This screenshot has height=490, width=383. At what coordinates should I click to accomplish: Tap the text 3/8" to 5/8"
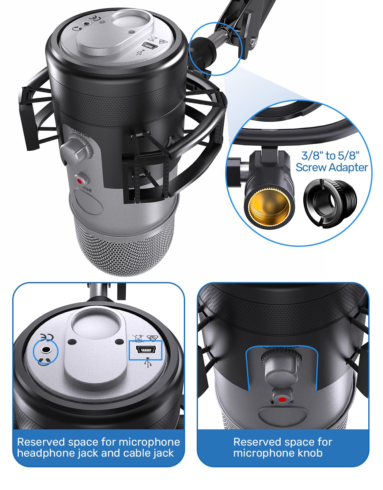click(330, 156)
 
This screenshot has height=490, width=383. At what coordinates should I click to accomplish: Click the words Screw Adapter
click(332, 168)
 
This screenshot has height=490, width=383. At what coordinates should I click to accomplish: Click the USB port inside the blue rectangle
click(145, 349)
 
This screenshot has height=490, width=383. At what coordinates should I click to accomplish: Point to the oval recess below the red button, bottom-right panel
click(283, 415)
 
